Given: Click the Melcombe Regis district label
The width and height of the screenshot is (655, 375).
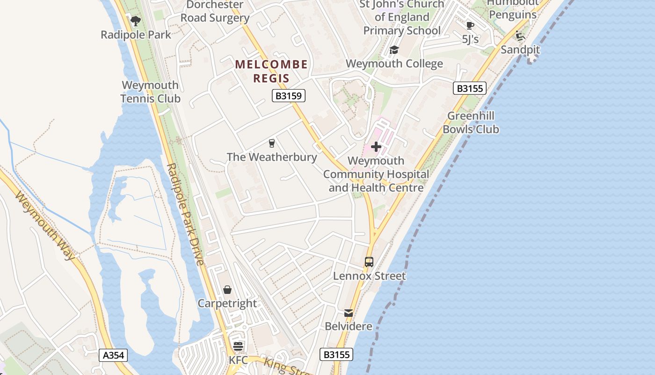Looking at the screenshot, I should [271, 71].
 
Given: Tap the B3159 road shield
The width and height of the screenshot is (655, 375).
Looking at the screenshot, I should [289, 96].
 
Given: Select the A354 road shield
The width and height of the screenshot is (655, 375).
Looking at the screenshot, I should [114, 355].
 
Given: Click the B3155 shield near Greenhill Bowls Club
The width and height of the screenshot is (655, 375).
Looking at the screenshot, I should [469, 88].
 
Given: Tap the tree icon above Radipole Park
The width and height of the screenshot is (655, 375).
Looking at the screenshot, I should [136, 21].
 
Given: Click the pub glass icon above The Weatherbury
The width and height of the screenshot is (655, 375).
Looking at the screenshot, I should [271, 143].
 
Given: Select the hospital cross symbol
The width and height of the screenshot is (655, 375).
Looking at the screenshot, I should [376, 147].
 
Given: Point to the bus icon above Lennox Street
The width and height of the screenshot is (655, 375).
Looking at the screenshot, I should [369, 262].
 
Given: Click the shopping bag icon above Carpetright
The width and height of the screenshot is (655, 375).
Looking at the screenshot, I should [227, 290].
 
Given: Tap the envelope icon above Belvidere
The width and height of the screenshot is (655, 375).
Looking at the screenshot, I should [349, 313].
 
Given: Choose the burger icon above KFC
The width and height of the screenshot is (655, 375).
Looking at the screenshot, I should [238, 347].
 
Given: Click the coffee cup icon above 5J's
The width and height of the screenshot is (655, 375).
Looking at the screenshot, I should [470, 25].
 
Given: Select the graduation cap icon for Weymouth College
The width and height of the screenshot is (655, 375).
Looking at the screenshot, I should [394, 50].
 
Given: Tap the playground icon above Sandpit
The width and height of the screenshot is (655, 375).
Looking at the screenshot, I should [520, 36].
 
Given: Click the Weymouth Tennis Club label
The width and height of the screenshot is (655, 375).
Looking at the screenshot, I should [150, 92].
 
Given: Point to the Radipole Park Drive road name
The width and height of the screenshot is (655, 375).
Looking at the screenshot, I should [186, 214].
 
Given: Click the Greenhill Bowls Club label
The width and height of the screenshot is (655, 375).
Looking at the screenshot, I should [471, 122].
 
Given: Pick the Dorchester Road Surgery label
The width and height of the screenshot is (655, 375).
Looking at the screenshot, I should [215, 12].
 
